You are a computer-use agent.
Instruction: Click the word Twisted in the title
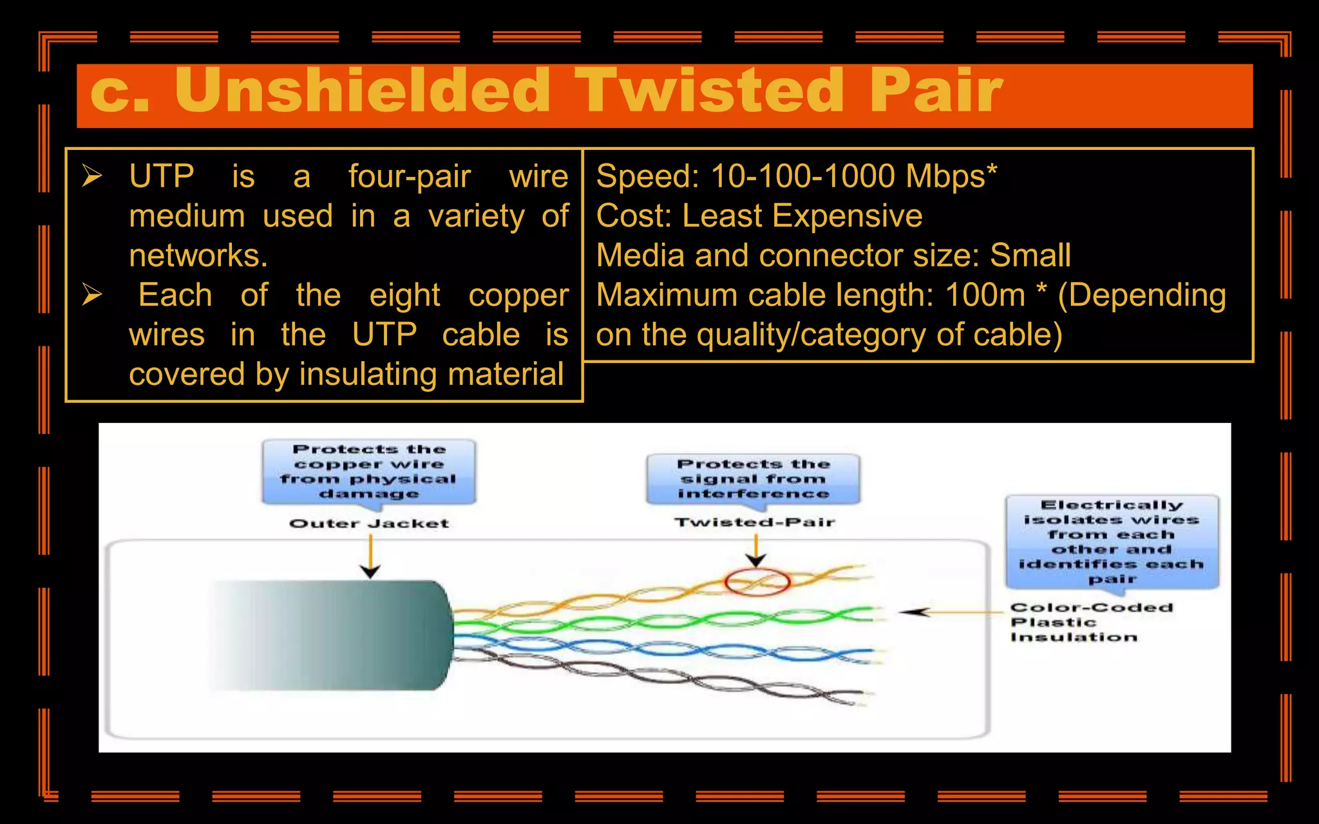[708, 91]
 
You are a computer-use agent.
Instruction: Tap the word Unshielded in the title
[362, 91]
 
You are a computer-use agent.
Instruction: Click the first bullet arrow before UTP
[92, 176]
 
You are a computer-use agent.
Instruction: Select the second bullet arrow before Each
[92, 295]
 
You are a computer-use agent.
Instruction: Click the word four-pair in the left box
[410, 177]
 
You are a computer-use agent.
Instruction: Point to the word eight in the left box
[404, 296]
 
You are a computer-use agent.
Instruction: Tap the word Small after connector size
[1030, 256]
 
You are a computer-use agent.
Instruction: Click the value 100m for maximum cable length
[985, 295]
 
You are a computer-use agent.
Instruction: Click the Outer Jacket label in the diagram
[368, 523]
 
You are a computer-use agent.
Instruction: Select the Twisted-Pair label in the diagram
[754, 522]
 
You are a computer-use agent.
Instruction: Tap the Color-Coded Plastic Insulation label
[1091, 622]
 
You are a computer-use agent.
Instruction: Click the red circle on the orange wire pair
[757, 582]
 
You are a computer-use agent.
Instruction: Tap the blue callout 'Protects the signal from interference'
[753, 479]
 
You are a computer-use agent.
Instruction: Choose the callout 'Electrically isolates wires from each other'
[1112, 541]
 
